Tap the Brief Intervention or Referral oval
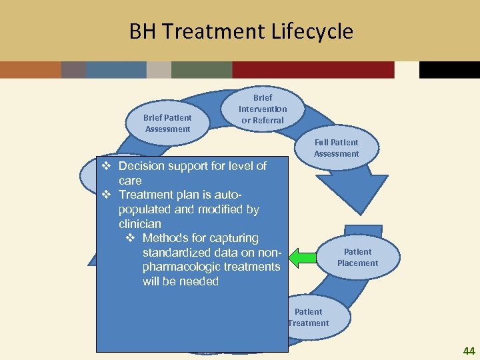[x=263, y=109]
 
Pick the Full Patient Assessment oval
[x=336, y=147]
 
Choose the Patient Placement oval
[x=357, y=257]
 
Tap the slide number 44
[x=469, y=351]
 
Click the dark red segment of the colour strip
[x=313, y=70]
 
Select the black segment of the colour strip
[x=449, y=70]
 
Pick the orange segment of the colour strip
[x=30, y=70]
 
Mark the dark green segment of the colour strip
[x=201, y=70]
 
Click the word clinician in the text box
[x=140, y=224]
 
